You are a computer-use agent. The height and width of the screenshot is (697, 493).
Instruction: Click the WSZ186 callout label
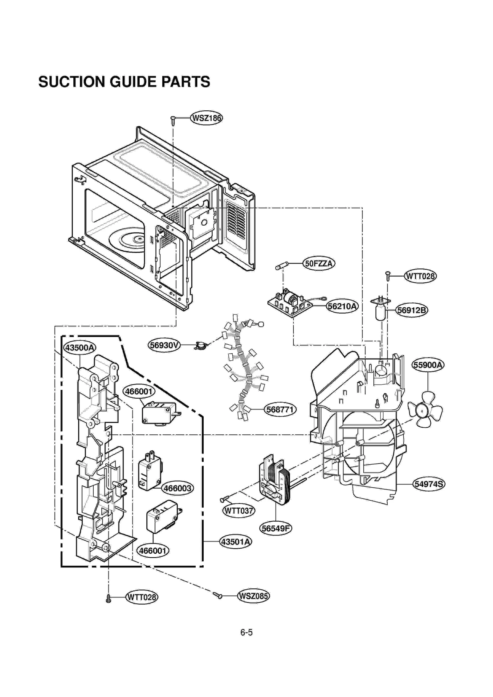(x=206, y=118)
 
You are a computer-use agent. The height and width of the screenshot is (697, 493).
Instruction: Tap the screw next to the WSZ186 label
(x=173, y=121)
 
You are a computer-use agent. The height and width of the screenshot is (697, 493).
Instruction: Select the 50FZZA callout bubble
(x=319, y=264)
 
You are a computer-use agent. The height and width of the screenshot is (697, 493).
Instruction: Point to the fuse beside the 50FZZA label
(x=282, y=266)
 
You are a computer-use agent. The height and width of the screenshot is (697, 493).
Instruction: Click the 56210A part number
(x=342, y=306)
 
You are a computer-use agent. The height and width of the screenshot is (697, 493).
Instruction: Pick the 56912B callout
(x=412, y=310)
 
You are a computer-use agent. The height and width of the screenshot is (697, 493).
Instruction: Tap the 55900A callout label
(x=428, y=365)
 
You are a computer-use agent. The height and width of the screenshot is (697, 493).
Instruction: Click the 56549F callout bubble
(x=275, y=528)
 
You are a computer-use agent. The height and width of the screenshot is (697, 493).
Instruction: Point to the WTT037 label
(x=239, y=510)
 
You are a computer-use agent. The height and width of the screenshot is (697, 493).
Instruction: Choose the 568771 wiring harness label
(x=280, y=410)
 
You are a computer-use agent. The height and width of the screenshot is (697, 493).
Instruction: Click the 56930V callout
(x=164, y=345)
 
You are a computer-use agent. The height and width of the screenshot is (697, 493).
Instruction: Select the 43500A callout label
(x=80, y=348)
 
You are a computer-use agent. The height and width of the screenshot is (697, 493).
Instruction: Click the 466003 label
(x=177, y=488)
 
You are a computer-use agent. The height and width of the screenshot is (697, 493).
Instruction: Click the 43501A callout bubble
(x=235, y=542)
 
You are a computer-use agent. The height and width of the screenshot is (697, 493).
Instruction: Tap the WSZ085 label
(x=253, y=596)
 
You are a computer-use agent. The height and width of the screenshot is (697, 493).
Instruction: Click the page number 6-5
(x=246, y=632)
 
